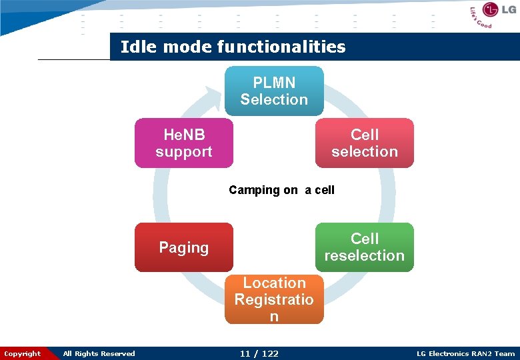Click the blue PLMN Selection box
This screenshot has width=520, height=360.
click(x=274, y=91)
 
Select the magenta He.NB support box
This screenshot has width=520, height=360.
click(x=184, y=143)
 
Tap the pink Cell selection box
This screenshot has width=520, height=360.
click(x=364, y=143)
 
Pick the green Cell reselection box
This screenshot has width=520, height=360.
click(x=364, y=247)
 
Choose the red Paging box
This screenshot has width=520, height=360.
click(x=184, y=247)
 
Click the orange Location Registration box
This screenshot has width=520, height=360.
click(x=274, y=299)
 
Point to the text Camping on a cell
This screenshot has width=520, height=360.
click(x=281, y=190)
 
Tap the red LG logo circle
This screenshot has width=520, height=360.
click(x=492, y=9)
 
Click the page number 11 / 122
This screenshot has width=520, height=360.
click(x=259, y=353)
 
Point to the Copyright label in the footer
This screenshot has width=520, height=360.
click(x=22, y=353)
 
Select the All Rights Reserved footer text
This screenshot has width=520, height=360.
click(x=99, y=353)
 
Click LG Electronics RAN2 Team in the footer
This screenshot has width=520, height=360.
click(x=465, y=353)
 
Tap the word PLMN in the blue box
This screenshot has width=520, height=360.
click(x=274, y=83)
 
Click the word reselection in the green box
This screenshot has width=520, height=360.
click(x=364, y=255)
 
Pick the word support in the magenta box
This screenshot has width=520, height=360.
click(x=184, y=151)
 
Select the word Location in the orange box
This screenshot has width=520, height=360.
click(x=274, y=283)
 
